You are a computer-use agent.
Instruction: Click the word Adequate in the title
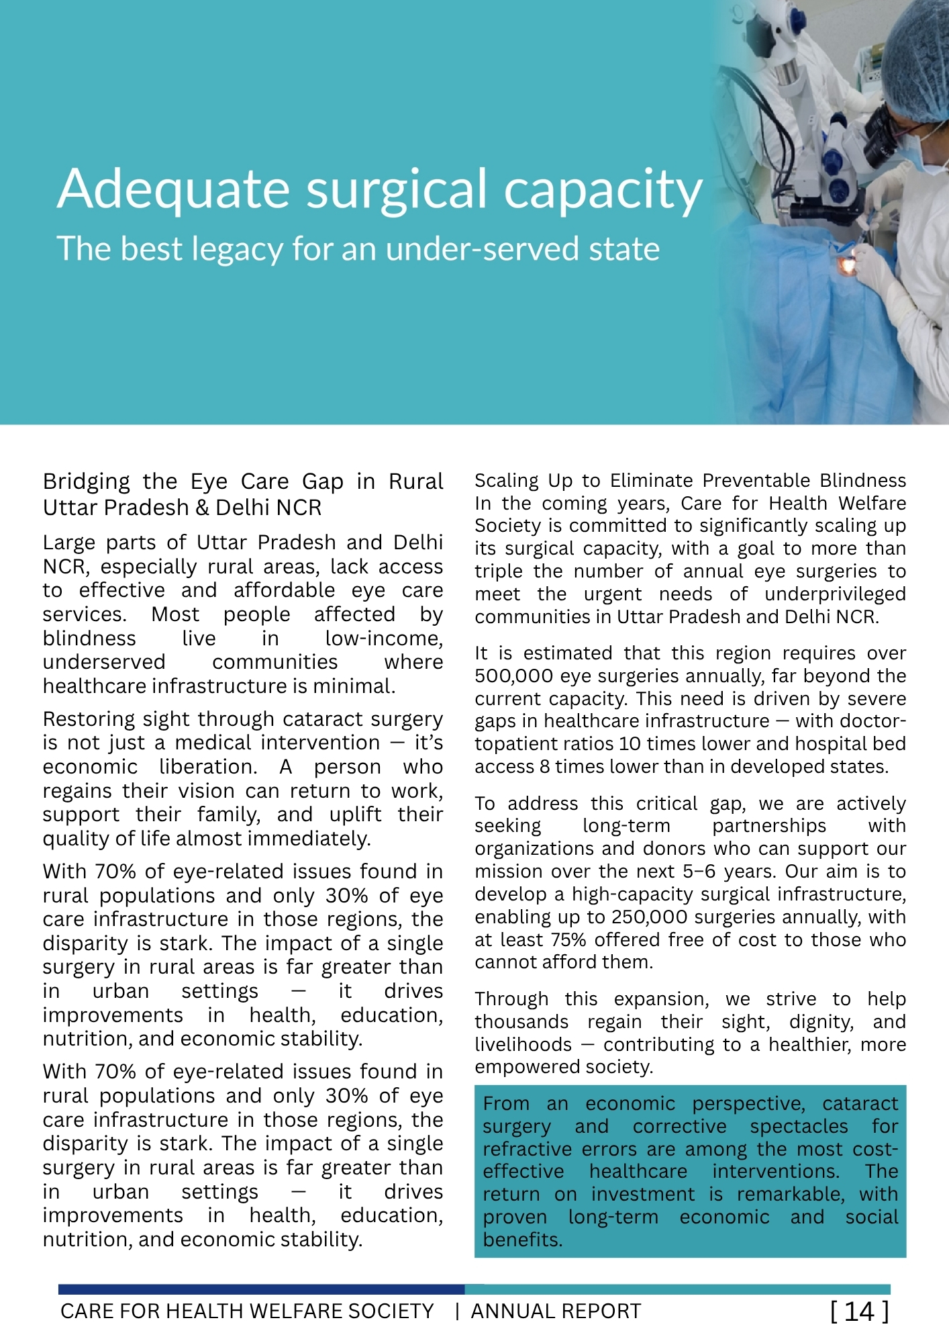click(174, 190)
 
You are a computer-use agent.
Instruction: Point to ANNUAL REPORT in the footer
click(556, 1311)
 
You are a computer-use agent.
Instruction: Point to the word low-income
click(383, 638)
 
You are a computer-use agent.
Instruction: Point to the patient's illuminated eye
click(848, 266)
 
